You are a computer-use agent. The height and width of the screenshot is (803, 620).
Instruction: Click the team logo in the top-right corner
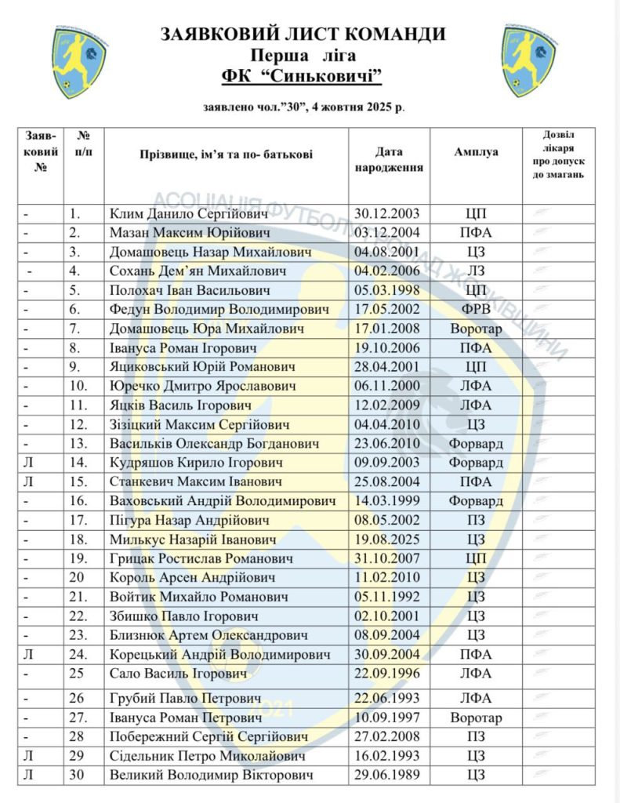click(x=530, y=60)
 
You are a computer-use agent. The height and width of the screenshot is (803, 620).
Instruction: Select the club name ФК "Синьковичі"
click(x=303, y=76)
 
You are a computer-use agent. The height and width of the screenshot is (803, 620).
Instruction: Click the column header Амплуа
click(x=476, y=152)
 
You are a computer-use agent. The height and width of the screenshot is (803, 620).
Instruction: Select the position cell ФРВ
click(x=476, y=309)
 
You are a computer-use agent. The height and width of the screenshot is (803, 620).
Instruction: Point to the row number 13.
click(x=75, y=444)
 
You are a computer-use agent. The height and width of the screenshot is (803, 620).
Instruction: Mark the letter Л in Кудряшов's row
click(x=27, y=463)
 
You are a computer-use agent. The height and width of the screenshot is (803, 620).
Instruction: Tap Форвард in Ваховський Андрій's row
click(x=476, y=501)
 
